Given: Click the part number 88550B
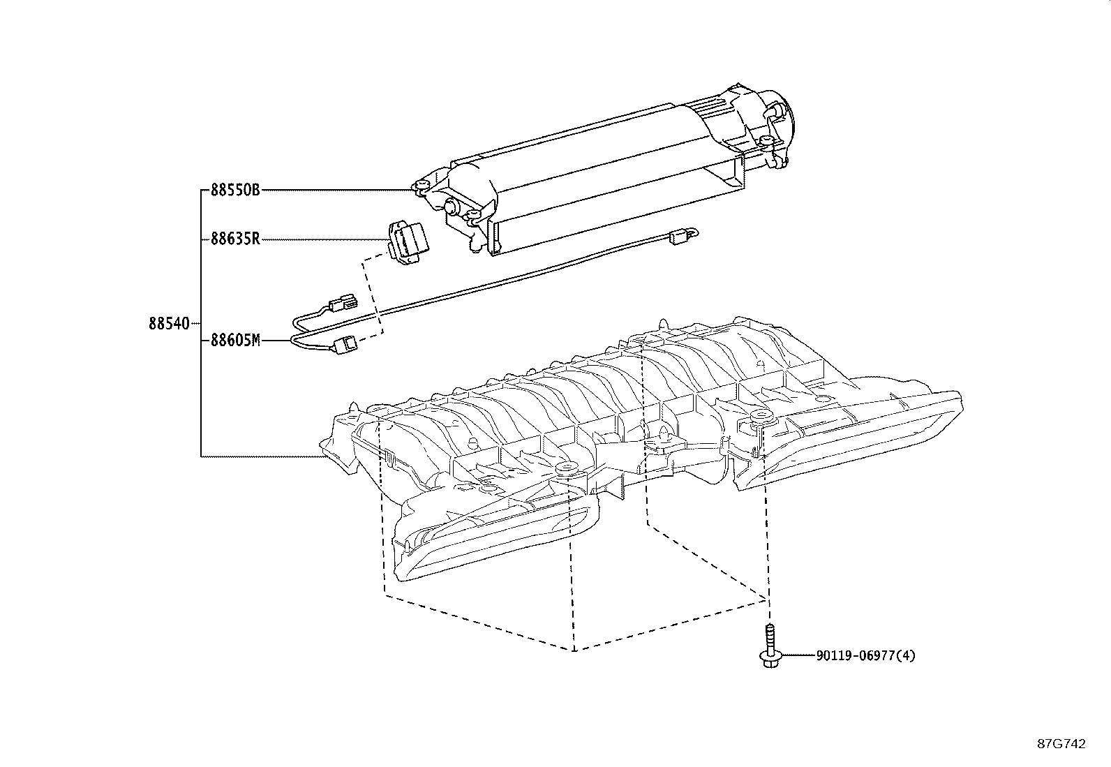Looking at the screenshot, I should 235,190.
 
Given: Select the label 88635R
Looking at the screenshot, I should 235,239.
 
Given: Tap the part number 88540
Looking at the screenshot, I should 168,324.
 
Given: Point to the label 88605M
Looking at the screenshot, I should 235,341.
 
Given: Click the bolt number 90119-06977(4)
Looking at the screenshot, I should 865,655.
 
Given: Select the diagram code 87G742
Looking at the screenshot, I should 1061,744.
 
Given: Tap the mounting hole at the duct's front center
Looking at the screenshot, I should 566,467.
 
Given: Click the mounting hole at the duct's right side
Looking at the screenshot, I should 760,419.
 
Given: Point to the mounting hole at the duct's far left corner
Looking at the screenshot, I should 378,408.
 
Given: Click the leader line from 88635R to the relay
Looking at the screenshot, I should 325,239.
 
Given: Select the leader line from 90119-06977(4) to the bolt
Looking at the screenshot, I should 796,655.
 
